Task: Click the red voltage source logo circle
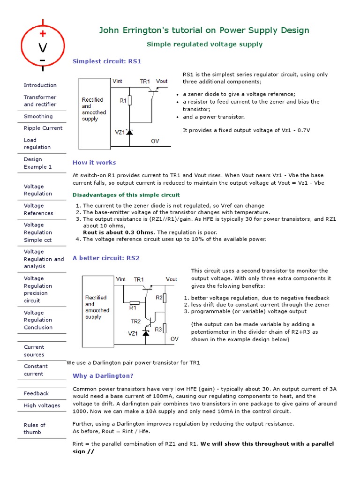43,47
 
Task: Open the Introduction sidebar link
40,85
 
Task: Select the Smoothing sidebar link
38,116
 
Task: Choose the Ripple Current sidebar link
43,128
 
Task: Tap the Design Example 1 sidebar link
37,163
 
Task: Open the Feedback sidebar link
36,393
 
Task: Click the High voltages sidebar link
42,405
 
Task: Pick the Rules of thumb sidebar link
34,428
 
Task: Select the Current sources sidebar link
34,351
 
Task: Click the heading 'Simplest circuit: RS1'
107,61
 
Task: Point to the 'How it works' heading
94,163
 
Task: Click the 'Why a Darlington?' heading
103,376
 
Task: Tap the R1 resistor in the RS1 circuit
130,100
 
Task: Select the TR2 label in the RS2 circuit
135,322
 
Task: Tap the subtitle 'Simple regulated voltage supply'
204,45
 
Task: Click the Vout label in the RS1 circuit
162,82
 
